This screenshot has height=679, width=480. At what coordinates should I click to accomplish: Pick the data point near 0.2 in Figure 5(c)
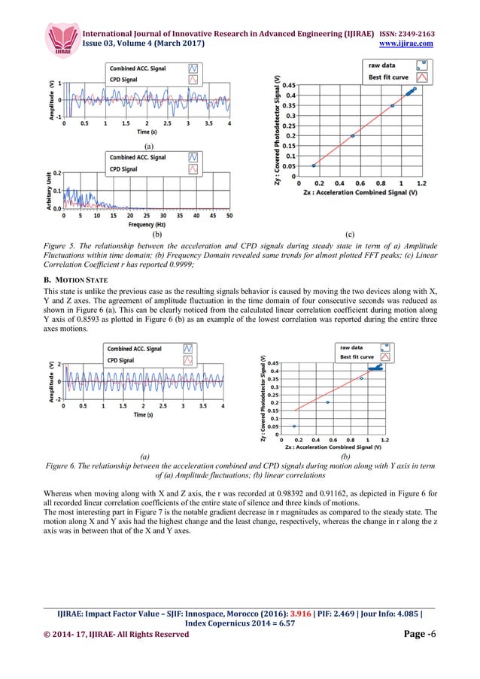pyautogui.click(x=353, y=136)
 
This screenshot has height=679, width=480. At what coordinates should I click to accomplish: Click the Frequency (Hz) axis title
pyautogui.click(x=146, y=224)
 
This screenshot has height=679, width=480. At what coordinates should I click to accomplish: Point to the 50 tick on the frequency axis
pyautogui.click(x=229, y=215)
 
